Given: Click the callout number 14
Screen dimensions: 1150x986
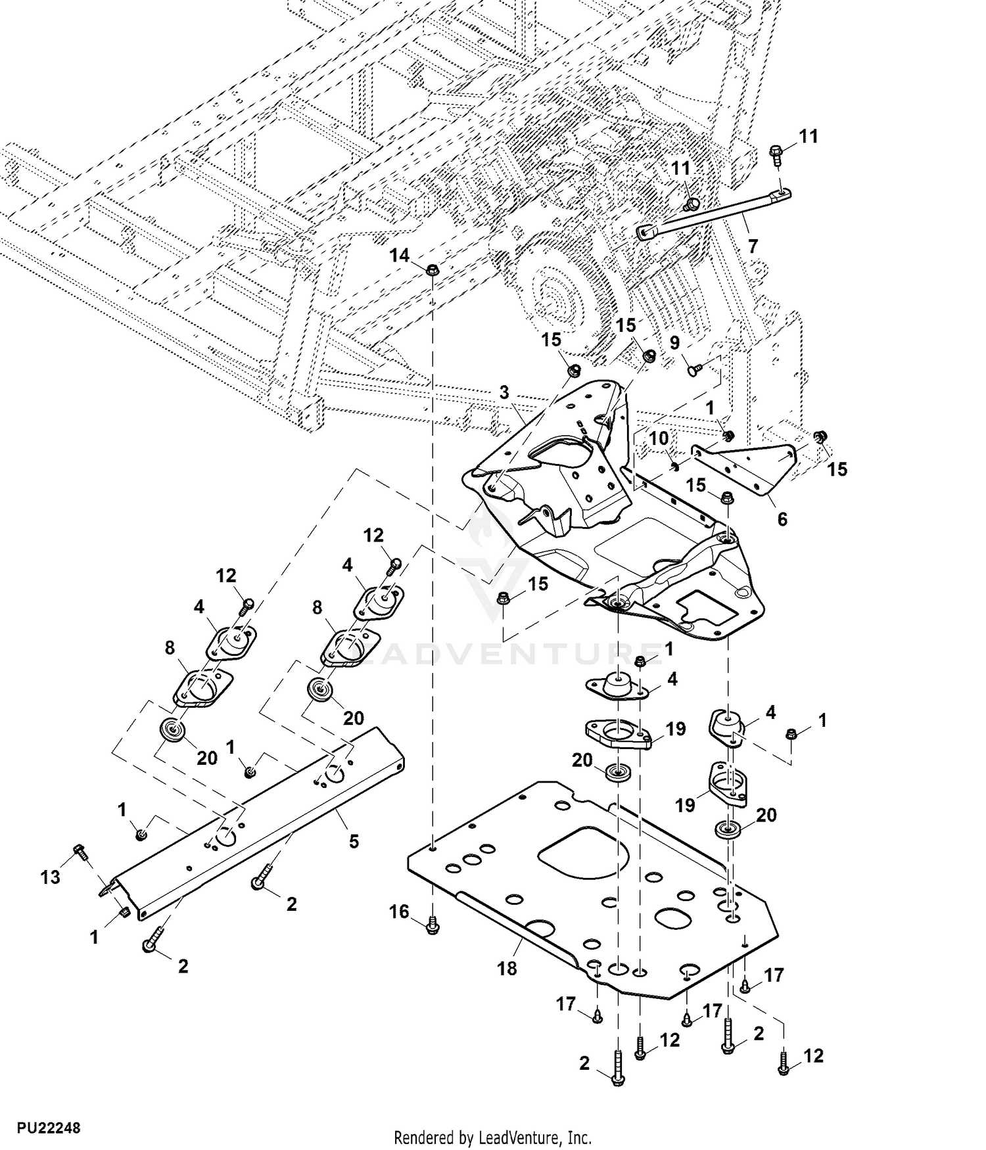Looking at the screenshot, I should (x=399, y=256).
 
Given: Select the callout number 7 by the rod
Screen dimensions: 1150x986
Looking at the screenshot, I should (x=753, y=246).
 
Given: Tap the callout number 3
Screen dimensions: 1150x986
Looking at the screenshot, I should (x=504, y=393).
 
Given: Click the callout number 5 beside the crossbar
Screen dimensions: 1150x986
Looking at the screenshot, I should (x=354, y=840).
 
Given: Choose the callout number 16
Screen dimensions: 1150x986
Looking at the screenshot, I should (x=399, y=911).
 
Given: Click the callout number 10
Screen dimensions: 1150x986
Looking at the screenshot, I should (x=659, y=438).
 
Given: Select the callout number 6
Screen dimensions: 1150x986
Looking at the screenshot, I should (x=782, y=519).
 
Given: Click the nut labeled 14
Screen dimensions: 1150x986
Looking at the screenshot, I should (x=433, y=269).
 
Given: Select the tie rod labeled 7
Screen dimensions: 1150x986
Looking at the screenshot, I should (x=713, y=212).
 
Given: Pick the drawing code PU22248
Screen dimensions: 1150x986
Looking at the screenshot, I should (x=49, y=1128).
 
